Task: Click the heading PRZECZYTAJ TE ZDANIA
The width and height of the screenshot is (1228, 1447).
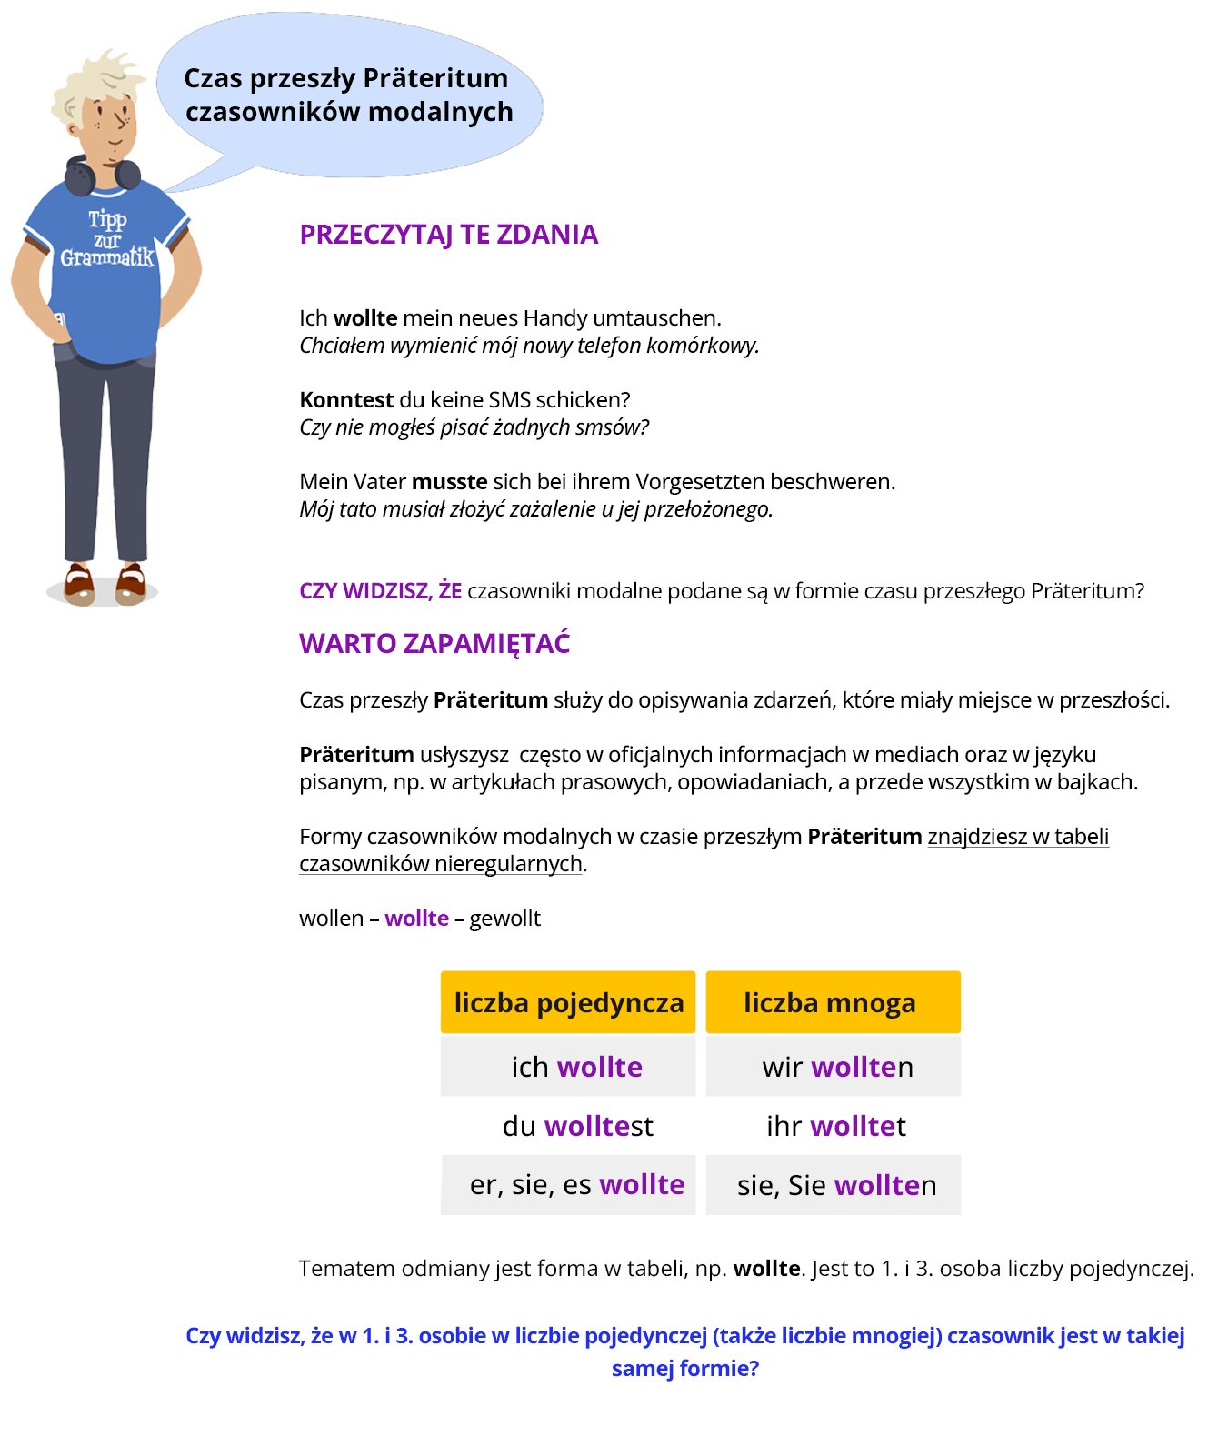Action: click(448, 235)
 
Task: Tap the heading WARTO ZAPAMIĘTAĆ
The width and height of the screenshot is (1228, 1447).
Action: click(434, 644)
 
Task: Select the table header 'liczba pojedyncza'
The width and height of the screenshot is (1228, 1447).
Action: click(568, 1002)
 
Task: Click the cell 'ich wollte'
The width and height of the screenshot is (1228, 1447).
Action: click(576, 1067)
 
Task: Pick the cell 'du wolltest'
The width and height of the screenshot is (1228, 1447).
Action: click(577, 1126)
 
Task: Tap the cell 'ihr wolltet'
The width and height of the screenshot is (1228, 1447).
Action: click(835, 1126)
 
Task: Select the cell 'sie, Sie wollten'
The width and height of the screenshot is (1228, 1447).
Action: click(836, 1185)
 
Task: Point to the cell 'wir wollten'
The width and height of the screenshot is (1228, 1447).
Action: click(837, 1067)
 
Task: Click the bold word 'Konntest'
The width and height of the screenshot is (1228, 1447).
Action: click(346, 400)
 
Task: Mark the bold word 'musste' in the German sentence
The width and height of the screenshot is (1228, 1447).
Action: click(449, 482)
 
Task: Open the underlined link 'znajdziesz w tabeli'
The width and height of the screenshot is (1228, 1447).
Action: click(1017, 837)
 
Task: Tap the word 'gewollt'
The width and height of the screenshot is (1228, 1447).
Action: click(504, 919)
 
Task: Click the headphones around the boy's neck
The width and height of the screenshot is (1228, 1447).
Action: click(102, 175)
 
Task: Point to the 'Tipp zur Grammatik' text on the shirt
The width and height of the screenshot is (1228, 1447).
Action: click(107, 239)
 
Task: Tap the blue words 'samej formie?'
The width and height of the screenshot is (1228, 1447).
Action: click(684, 1369)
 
